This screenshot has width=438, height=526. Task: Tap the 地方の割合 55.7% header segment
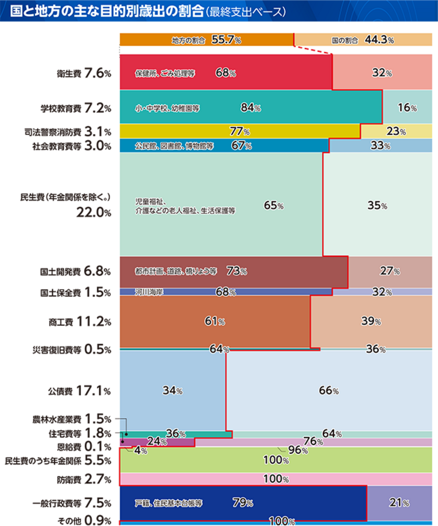tap(206, 40)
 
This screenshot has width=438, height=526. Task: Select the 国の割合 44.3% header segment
tap(363, 40)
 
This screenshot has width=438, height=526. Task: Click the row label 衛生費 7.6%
tap(84, 73)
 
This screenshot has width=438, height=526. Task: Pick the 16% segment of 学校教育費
tap(407, 108)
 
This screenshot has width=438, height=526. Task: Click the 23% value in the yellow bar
tap(396, 131)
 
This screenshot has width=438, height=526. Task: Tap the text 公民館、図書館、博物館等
tap(174, 146)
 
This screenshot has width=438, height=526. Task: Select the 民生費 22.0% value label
tap(93, 212)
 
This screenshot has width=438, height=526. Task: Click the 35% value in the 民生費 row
tap(377, 205)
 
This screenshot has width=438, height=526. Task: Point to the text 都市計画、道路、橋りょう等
tap(176, 271)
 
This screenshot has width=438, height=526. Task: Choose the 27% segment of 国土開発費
tap(390, 271)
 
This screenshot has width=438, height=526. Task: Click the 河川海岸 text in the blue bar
tap(149, 292)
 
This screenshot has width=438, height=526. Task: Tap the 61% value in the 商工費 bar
tap(215, 321)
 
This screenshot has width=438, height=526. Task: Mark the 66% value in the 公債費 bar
tap(328, 390)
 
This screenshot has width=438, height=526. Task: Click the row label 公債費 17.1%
tap(80, 391)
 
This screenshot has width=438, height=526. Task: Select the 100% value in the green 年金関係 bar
tap(276, 460)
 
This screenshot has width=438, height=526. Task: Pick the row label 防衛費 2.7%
tap(84, 479)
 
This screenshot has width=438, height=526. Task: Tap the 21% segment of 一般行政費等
tap(399, 503)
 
